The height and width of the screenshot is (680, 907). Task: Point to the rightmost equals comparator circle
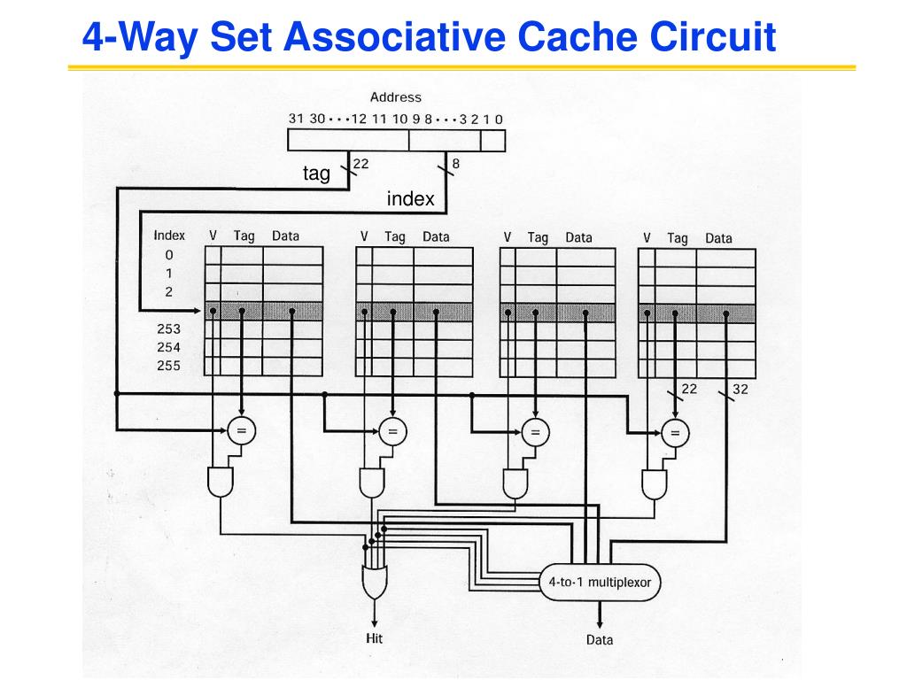pos(676,432)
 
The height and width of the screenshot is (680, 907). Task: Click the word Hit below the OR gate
pos(375,638)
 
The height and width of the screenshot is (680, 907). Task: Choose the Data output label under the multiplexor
pos(600,639)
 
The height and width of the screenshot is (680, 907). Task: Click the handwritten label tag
pos(316,174)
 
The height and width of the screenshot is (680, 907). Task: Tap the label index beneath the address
pos(410,199)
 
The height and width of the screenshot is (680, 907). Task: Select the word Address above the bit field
pos(396,97)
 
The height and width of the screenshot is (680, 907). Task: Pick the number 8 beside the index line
pos(455,163)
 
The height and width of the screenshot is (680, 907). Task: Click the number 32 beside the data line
pos(740,389)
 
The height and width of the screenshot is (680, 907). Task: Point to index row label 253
pos(168,329)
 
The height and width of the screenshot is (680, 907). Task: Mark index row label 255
pos(168,366)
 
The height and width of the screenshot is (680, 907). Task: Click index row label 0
pos(169,255)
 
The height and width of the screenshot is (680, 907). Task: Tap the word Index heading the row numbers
pos(169,236)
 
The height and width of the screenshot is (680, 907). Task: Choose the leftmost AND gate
pos(220,483)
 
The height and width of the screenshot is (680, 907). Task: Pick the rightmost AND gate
pos(655,483)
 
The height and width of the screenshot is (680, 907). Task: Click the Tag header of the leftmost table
pos(244,236)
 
